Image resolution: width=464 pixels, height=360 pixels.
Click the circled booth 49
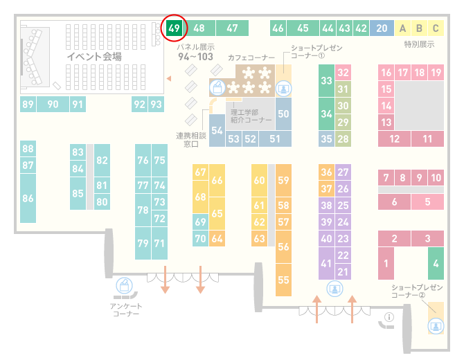174,28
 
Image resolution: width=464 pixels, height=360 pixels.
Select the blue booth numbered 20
382,28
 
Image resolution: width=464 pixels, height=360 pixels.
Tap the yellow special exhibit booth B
419,28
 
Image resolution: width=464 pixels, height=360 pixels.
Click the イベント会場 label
94,56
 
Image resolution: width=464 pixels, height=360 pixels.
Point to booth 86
28,198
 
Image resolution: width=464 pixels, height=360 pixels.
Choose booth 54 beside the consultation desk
217,130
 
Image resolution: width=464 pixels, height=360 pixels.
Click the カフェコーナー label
251,57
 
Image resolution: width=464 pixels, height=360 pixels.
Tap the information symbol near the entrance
389,317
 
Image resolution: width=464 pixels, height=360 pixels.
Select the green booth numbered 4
436,263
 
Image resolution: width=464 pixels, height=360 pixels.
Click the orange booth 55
283,280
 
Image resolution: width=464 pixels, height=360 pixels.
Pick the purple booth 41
326,263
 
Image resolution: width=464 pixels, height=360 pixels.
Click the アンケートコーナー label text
126,309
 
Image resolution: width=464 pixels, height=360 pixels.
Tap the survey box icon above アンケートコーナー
124,285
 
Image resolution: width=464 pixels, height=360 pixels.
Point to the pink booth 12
394,138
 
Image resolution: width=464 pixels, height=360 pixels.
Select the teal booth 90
53,104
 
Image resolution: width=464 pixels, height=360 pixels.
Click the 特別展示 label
419,44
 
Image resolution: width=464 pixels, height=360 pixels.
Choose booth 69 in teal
200,222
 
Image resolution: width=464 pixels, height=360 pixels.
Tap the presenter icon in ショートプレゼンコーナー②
436,326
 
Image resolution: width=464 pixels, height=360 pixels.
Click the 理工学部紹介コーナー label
251,116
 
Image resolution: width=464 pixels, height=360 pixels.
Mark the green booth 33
326,80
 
